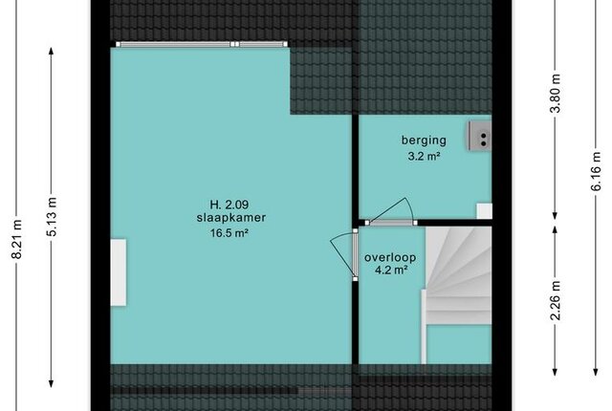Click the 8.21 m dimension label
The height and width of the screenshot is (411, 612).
point(16,239)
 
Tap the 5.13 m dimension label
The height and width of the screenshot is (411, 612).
point(52,217)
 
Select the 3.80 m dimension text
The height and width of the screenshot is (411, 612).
point(555,94)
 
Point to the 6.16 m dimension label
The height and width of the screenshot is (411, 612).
point(596,171)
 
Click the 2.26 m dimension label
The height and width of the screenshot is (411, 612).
point(555,300)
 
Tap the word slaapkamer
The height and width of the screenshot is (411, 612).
point(231,218)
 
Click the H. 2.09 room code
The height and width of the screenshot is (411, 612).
point(229,205)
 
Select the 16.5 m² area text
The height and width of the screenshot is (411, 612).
point(229,233)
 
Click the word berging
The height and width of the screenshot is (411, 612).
point(424,141)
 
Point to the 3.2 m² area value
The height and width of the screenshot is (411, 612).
point(424,157)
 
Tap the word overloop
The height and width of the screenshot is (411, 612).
point(390,258)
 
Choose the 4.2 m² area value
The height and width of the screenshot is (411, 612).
point(391,270)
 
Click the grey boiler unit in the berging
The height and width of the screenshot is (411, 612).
point(480,136)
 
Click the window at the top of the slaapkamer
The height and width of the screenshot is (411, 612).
point(202,44)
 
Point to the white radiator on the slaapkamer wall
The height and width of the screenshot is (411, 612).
point(119,272)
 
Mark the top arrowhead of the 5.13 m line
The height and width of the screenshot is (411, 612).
point(51,51)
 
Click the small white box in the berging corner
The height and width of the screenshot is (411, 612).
point(484,211)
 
